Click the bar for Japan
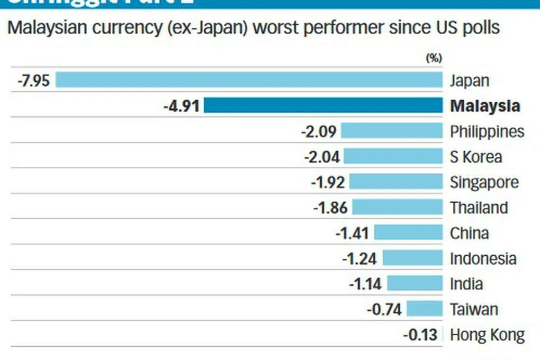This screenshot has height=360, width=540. (249, 80)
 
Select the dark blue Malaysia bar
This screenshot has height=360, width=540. (323, 105)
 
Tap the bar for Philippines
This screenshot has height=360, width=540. (391, 131)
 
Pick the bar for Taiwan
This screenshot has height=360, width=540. (424, 309)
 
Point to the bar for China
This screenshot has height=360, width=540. (408, 233)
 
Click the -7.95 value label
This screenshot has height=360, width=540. (34, 81)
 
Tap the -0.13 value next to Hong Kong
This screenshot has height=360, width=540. (420, 335)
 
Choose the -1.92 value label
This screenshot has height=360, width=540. (328, 182)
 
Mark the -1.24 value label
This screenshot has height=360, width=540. (360, 259)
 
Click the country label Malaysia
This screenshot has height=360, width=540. (485, 106)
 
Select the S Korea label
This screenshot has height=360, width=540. (476, 157)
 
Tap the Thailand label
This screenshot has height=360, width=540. (479, 208)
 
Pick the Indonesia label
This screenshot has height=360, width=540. (483, 259)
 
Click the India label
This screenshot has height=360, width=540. (466, 284)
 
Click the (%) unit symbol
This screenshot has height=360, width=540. (434, 58)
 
